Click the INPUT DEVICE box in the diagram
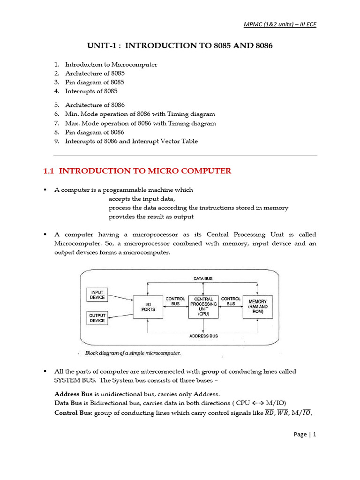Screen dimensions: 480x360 [x=97, y=295]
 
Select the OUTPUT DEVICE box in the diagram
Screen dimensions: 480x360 [x=97, y=318]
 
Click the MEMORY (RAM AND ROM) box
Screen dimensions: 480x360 [x=258, y=307]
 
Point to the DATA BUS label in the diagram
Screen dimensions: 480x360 [x=202, y=278]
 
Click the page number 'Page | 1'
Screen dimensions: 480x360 [x=305, y=435]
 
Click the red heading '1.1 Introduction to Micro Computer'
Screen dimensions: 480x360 [x=137, y=171]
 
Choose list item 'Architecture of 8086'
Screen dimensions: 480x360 [x=95, y=105]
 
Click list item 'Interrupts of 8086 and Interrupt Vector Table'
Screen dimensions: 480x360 [x=131, y=141]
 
